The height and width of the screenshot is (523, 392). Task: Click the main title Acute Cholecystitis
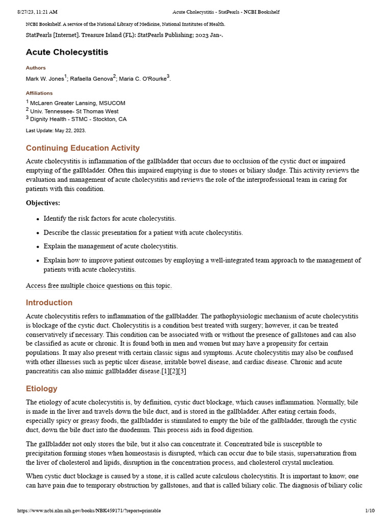pyautogui.click(x=67, y=52)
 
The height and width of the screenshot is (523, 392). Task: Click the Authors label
pyautogui.click(x=36, y=68)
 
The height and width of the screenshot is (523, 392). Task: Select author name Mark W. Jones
pyautogui.click(x=45, y=79)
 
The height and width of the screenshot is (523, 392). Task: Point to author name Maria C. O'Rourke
pyautogui.click(x=142, y=79)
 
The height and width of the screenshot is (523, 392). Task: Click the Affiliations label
pyautogui.click(x=39, y=93)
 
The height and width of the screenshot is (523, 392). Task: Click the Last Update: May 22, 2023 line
pyautogui.click(x=56, y=130)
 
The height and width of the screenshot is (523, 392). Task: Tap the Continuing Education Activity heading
pyautogui.click(x=83, y=148)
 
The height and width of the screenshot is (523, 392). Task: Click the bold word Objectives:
pyautogui.click(x=43, y=203)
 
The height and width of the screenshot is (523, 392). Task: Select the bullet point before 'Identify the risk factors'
pyautogui.click(x=38, y=219)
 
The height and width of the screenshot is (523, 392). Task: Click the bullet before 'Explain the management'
pyautogui.click(x=38, y=247)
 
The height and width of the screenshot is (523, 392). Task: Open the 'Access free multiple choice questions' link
pyautogui.click(x=99, y=286)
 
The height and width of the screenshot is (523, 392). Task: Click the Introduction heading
pyautogui.click(x=49, y=303)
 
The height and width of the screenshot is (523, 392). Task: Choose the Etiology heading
pyautogui.click(x=42, y=389)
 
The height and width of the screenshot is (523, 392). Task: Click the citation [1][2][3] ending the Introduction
pyautogui.click(x=174, y=371)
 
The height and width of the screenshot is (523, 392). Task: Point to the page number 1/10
pyautogui.click(x=370, y=511)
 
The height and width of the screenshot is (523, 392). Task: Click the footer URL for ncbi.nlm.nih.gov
pyautogui.click(x=89, y=511)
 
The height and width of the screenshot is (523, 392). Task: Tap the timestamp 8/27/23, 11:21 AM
pyautogui.click(x=37, y=12)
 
